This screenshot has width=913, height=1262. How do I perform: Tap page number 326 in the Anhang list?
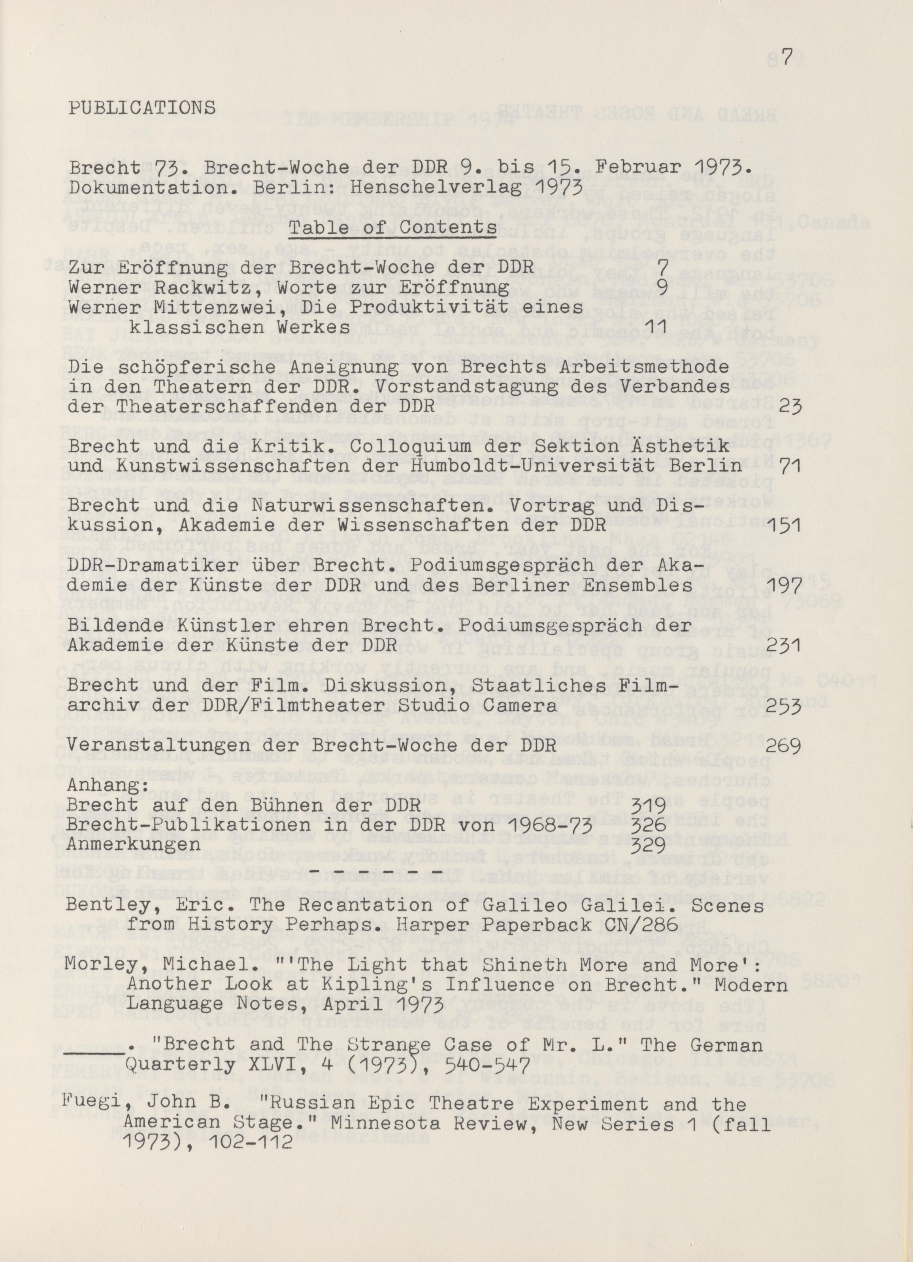(649, 825)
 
